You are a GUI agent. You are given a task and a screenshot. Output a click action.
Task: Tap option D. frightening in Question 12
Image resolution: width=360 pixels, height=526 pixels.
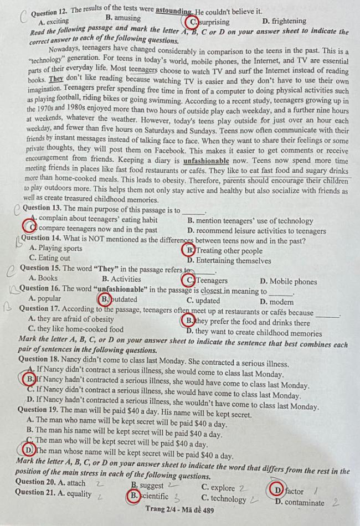pyautogui.click(x=284, y=22)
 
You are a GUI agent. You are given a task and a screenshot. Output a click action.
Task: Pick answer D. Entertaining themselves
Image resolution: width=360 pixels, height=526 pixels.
pyautogui.click(x=229, y=260)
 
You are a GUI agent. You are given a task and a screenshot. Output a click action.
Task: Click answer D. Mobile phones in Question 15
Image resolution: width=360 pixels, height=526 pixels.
pyautogui.click(x=288, y=281)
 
